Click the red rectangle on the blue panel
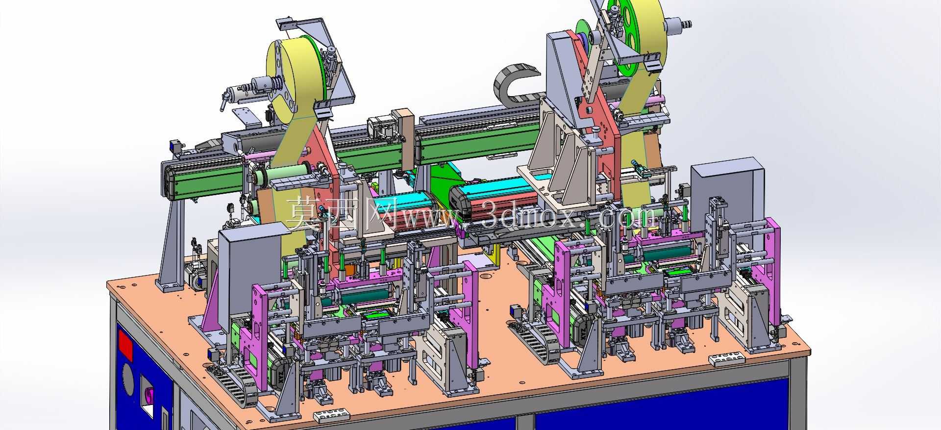point(126,344)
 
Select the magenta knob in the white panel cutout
point(149,395)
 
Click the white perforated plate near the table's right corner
point(727,359)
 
